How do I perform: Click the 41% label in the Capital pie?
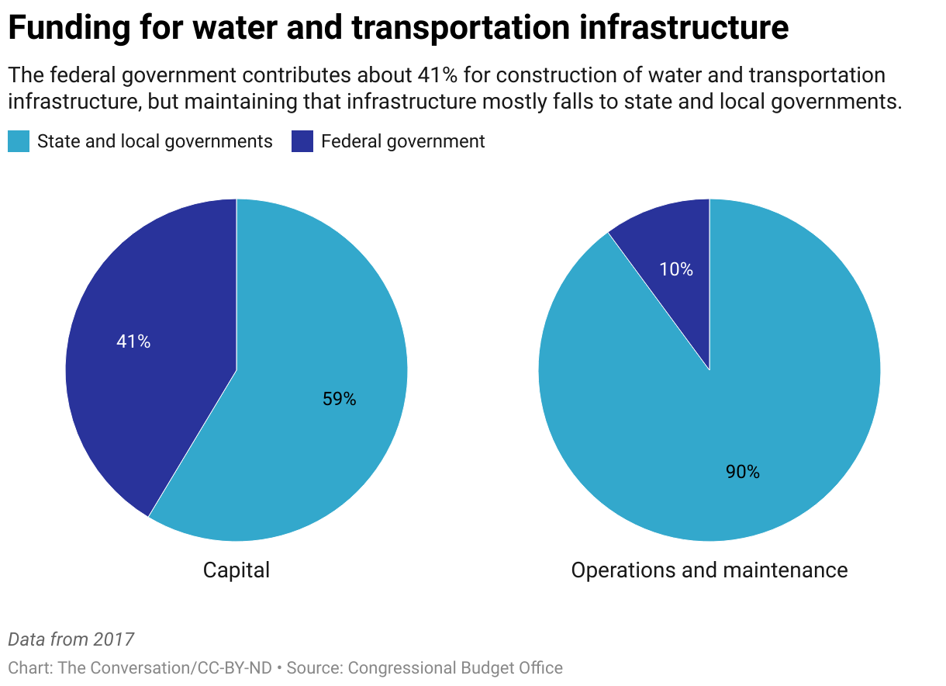point(133,341)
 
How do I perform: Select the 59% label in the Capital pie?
point(339,399)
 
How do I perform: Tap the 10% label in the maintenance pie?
point(676,269)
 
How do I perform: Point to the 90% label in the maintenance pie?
point(742,472)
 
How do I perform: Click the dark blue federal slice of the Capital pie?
point(147,295)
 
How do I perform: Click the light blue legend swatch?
point(19,141)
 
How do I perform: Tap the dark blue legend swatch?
point(302,141)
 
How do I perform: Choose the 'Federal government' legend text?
point(402,141)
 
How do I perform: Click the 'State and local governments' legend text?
point(155,141)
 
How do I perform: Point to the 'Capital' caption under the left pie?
point(236,570)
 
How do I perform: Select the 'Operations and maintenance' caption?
point(709,570)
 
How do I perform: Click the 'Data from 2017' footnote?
point(71,639)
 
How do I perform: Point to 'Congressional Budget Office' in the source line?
point(454,667)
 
